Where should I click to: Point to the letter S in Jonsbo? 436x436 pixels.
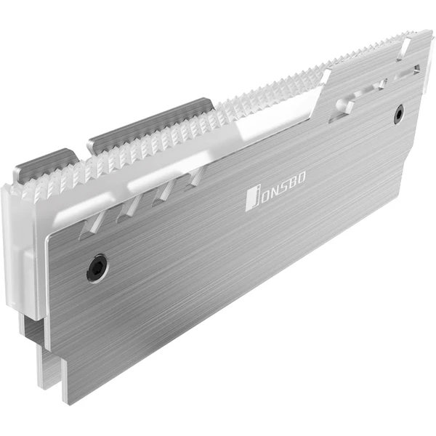point(283,185)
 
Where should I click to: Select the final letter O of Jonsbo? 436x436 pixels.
point(302,177)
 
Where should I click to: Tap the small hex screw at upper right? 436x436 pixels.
point(399,114)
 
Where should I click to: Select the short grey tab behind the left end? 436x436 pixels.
point(45,161)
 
